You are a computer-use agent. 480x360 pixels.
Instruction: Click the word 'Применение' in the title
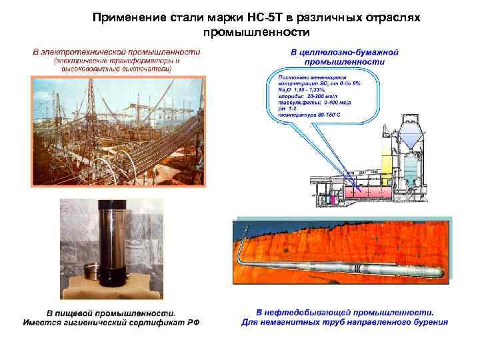click(x=127, y=18)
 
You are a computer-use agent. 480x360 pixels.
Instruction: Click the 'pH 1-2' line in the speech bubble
click(x=287, y=109)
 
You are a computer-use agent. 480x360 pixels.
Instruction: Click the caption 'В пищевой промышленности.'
click(x=111, y=312)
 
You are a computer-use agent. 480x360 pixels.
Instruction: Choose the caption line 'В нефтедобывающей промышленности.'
click(x=345, y=312)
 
